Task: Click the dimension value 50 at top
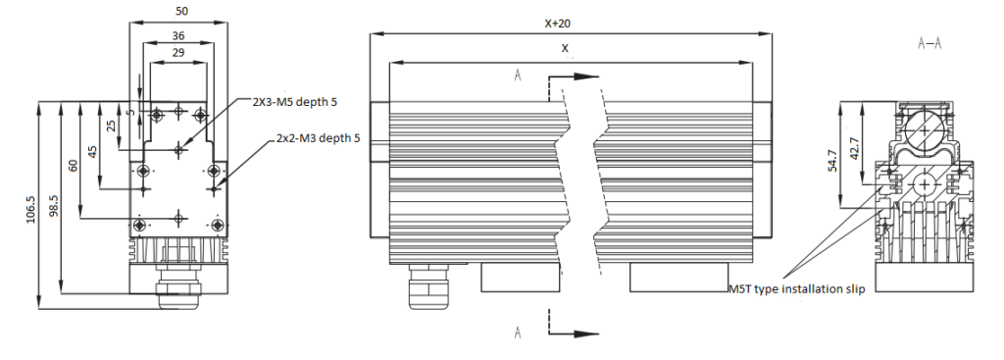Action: point(182,12)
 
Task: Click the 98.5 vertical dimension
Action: point(54,206)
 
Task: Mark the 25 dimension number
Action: point(111,125)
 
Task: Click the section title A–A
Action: point(929,44)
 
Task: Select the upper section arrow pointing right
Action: point(573,76)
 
